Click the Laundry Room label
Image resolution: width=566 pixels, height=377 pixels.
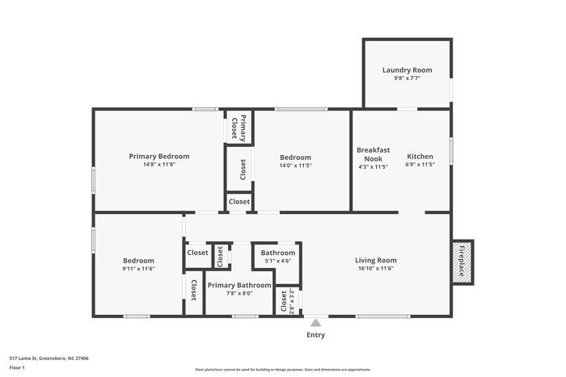[407, 70]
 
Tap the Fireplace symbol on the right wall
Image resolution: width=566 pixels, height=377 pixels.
[463, 262]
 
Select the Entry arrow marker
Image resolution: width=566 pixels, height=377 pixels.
[315, 322]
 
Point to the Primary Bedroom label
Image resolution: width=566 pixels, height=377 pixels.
[159, 156]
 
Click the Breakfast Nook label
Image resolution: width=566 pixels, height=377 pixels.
[373, 154]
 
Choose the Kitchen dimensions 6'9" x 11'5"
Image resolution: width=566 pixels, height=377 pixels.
[420, 165]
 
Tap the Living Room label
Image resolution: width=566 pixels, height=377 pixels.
[376, 260]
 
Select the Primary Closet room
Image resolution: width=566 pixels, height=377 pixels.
[239, 127]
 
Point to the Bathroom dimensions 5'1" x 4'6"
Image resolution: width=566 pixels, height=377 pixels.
[277, 261]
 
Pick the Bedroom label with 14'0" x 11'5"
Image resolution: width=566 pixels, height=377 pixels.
[295, 157]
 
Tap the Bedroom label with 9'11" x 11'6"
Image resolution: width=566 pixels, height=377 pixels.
[138, 260]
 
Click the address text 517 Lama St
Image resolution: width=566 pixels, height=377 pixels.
[49, 358]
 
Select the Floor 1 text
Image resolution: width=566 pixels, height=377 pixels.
[17, 367]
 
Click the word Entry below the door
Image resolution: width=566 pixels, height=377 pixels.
[315, 335]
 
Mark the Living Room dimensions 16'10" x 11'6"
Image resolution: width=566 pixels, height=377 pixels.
[376, 268]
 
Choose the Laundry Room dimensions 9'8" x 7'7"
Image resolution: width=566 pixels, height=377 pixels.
[407, 78]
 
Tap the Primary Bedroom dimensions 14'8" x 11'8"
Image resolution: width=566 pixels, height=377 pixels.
[159, 165]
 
